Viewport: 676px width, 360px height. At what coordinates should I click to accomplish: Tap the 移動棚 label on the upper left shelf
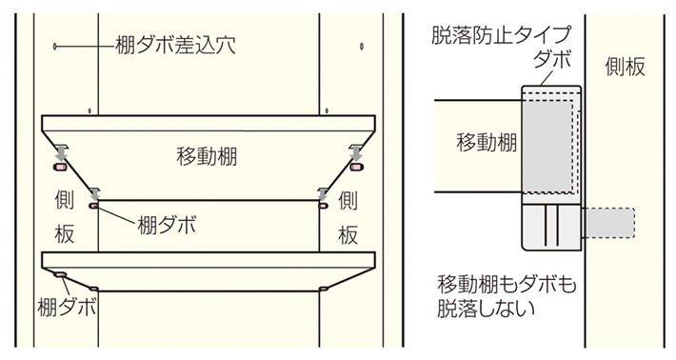tap(210, 155)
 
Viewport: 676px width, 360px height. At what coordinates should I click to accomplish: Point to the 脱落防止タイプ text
tap(501, 35)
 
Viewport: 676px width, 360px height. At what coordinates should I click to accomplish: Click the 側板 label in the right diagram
tap(626, 66)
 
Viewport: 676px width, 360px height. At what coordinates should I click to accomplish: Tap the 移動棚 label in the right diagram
tap(487, 143)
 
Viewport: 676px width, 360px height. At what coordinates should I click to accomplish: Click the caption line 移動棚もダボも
tap(507, 284)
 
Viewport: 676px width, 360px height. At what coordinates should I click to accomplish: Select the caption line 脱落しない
tap(486, 309)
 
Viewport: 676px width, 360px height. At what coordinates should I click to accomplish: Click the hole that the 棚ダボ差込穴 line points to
tap(57, 45)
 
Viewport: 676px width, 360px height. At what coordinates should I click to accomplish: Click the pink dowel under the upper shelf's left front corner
tap(60, 168)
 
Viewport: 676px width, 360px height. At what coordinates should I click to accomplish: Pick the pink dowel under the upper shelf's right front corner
tap(357, 168)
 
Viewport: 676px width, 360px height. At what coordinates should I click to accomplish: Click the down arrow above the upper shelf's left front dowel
tap(61, 151)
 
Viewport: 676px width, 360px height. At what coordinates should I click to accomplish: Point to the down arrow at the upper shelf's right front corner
tap(355, 151)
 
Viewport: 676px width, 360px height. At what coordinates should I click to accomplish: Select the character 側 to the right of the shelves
tap(348, 202)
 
